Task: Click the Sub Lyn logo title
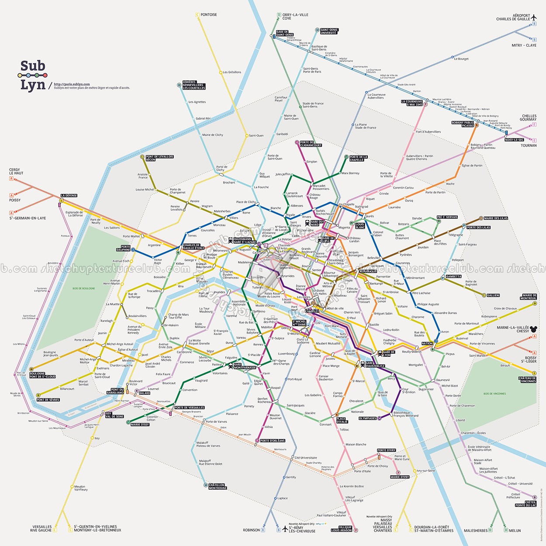tap(33, 75)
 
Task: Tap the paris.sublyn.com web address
tap(72, 84)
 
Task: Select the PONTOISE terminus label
tap(208, 15)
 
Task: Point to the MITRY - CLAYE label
tap(524, 45)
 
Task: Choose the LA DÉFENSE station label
tap(69, 196)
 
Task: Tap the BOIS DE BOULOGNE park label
tap(83, 288)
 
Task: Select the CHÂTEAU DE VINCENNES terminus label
tap(527, 380)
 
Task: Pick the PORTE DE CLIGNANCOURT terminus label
tap(311, 144)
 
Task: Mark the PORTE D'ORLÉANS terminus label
tap(273, 441)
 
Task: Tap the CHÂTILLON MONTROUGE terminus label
tap(217, 486)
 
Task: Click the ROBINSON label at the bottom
tap(251, 530)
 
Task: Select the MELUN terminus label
tap(515, 531)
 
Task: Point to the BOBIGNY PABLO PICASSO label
tap(463, 124)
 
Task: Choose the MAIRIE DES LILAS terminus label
tap(496, 218)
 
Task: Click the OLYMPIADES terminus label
tap(367, 418)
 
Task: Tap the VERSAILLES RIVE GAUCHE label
tap(41, 529)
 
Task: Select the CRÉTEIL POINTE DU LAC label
tap(525, 504)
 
